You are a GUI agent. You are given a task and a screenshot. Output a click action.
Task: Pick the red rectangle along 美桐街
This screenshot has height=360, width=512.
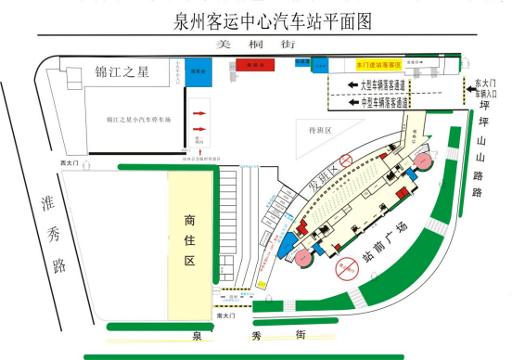252,65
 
